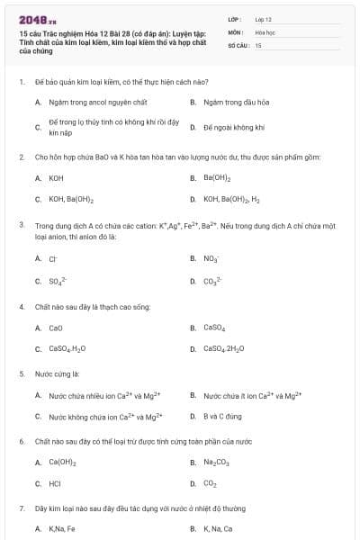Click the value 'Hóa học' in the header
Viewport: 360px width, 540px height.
point(265,31)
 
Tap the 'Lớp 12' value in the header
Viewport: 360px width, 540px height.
point(263,19)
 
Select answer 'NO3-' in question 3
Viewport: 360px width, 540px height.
point(211,259)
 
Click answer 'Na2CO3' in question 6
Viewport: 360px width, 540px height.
point(216,463)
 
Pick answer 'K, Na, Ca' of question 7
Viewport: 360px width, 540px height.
point(218,528)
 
